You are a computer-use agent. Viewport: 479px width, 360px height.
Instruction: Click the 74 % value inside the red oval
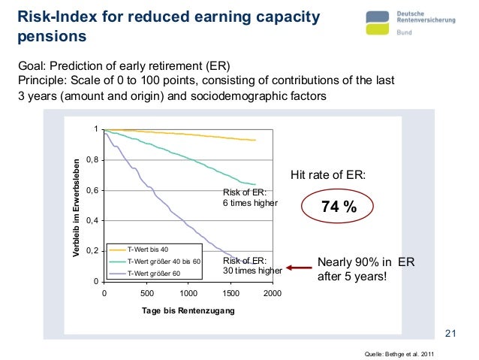click(339, 208)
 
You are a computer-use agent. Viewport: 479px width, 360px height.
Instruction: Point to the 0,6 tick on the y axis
click(91, 190)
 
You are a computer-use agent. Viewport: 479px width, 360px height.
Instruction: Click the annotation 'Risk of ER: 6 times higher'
click(250, 198)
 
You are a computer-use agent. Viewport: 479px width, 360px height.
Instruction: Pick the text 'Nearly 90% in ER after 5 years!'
click(366, 269)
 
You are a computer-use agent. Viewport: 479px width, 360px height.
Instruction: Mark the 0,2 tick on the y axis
click(91, 250)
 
